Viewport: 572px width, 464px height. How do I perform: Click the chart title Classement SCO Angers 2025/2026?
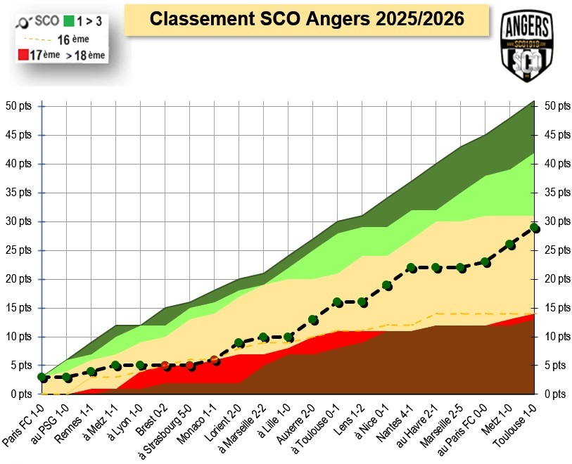[x=307, y=19]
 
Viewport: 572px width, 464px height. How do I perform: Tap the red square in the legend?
[x=22, y=54]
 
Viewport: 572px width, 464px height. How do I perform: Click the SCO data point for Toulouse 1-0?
[x=535, y=228]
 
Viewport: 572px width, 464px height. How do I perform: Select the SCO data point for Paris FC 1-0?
[x=42, y=378]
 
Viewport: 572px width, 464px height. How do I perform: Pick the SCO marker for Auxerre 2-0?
[x=313, y=320]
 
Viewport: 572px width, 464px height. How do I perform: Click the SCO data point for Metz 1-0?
[x=510, y=245]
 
